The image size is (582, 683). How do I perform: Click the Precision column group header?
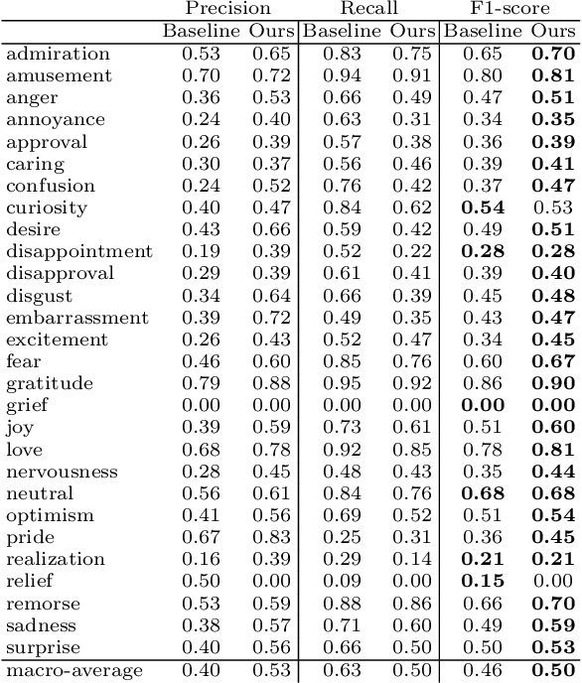(x=228, y=9)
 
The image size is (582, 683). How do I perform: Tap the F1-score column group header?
(x=509, y=9)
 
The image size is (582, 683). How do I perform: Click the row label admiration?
(x=58, y=54)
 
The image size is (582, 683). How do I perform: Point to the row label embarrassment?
(x=77, y=318)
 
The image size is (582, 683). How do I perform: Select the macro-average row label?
(x=74, y=671)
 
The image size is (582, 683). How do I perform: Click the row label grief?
(x=27, y=405)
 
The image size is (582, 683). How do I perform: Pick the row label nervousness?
(x=62, y=472)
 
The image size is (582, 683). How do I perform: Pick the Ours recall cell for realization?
(x=412, y=559)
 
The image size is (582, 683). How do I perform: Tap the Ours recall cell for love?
(x=412, y=450)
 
